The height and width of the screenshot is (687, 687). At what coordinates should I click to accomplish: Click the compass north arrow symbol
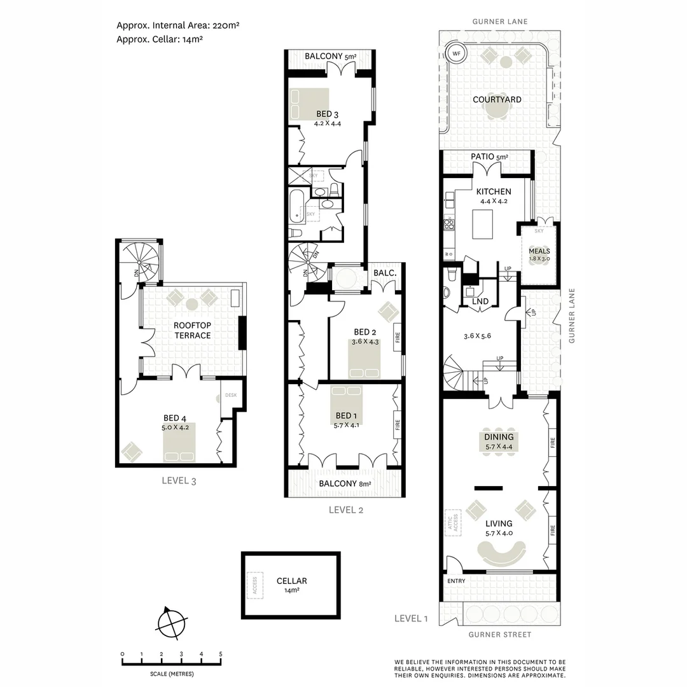tap(171, 621)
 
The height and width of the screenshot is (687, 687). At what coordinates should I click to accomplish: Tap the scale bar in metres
tap(172, 663)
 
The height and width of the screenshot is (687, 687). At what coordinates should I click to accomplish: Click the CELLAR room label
tap(292, 581)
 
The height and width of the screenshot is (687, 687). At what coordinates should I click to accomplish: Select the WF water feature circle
tap(456, 53)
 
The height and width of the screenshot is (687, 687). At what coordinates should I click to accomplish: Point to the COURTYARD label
tap(497, 100)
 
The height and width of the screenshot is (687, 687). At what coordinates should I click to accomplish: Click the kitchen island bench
tap(483, 225)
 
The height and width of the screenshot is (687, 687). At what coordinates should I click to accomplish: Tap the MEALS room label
tap(539, 251)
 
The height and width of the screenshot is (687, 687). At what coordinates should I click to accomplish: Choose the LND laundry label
tap(480, 302)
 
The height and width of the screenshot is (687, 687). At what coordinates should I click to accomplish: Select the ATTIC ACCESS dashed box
tap(453, 524)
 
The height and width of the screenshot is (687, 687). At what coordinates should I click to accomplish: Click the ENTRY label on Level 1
tap(456, 581)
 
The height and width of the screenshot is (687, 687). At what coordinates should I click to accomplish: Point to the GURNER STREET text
tap(499, 634)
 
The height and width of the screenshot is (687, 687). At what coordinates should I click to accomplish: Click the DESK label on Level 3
tap(230, 395)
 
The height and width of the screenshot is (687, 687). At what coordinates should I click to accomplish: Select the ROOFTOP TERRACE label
tap(192, 330)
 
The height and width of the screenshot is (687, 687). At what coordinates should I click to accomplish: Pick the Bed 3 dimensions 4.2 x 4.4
tap(328, 123)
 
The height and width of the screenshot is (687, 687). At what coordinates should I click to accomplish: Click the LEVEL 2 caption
tap(345, 510)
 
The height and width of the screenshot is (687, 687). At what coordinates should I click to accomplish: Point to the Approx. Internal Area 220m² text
tap(177, 26)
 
